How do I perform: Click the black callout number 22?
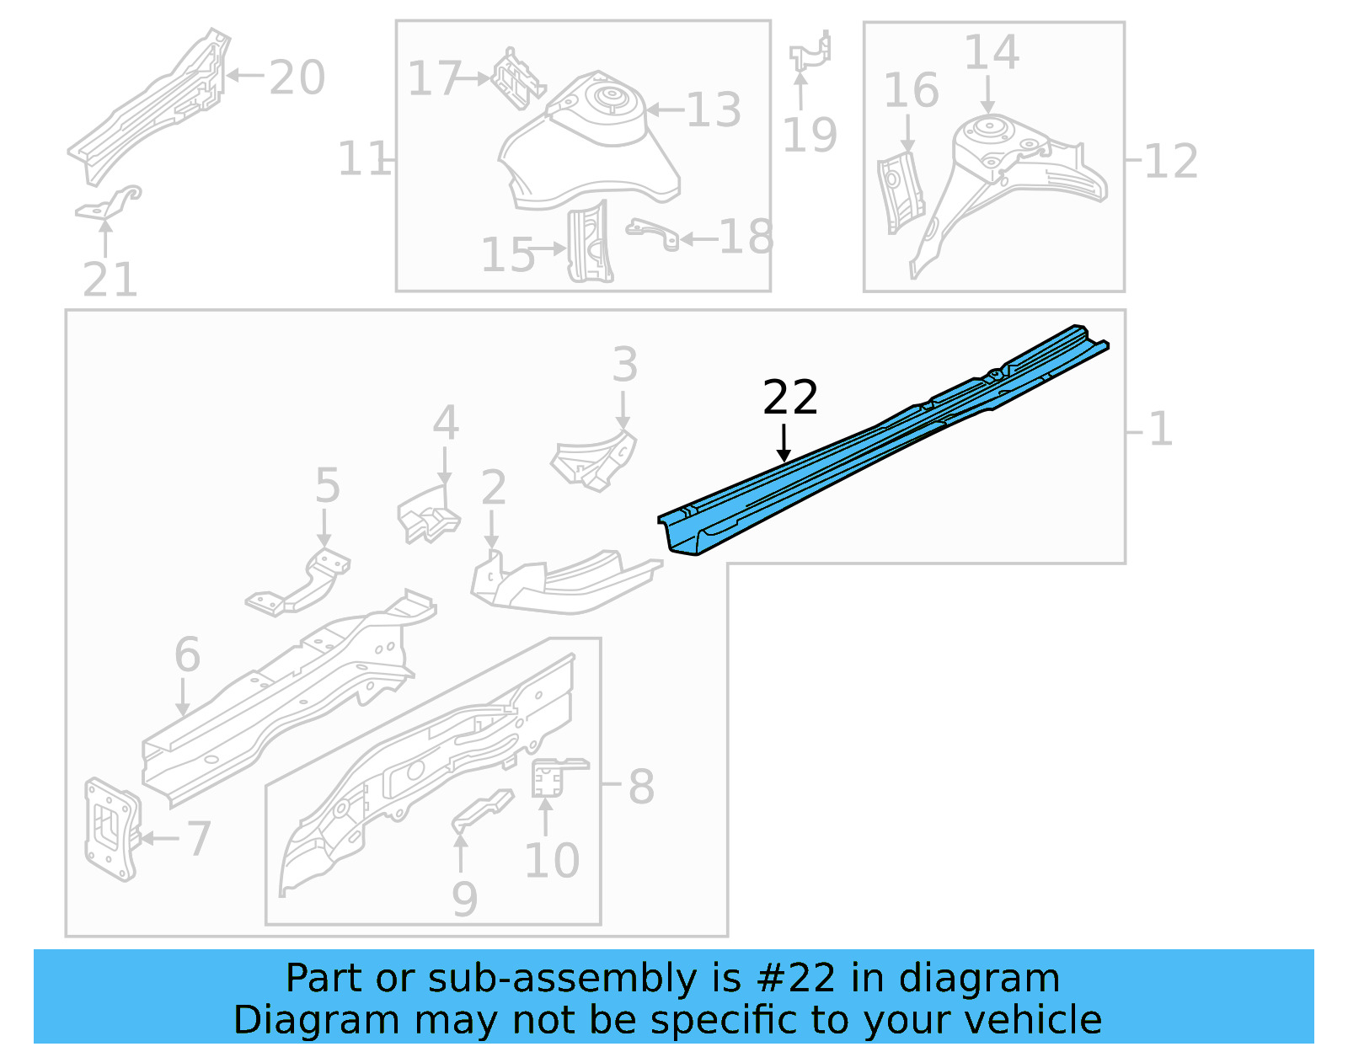pyautogui.click(x=789, y=398)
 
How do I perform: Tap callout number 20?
pyautogui.click(x=297, y=77)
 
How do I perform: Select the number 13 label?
pyautogui.click(x=713, y=110)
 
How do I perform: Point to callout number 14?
pyautogui.click(x=991, y=52)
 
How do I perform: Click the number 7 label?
pyautogui.click(x=199, y=839)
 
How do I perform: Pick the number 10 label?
pyautogui.click(x=552, y=861)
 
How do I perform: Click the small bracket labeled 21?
pyautogui.click(x=108, y=204)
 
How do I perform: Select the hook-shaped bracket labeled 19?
pyautogui.click(x=810, y=52)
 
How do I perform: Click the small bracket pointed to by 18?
pyautogui.click(x=653, y=233)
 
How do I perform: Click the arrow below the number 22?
pyautogui.click(x=784, y=443)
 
